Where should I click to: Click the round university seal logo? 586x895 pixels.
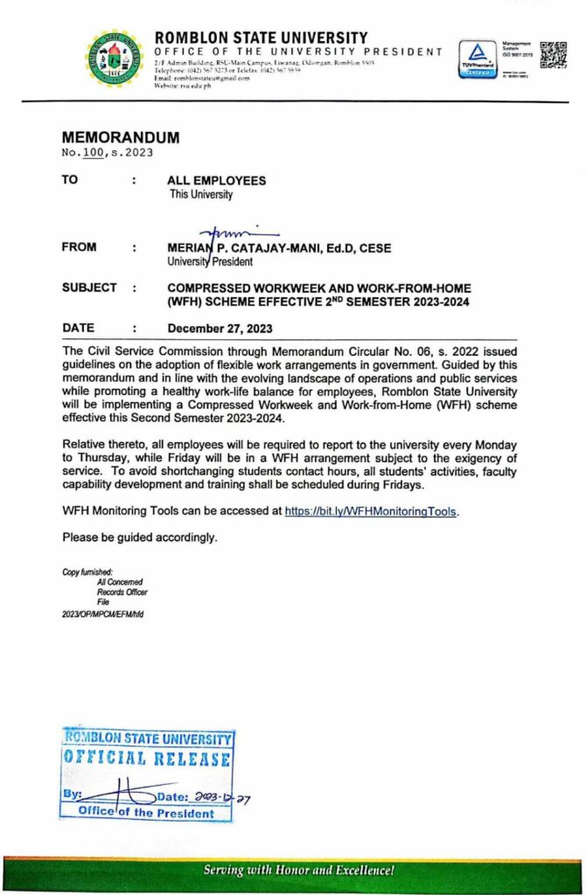117,59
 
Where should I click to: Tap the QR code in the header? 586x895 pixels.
554,54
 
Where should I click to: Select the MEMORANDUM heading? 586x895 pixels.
120,138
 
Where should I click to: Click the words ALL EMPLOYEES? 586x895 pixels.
217,181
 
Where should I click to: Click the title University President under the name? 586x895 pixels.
210,261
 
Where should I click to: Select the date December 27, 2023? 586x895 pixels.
220,330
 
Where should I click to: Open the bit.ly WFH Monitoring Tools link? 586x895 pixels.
371,512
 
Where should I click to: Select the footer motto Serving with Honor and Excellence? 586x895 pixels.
299,871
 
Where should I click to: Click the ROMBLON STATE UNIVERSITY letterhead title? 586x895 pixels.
261,38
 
